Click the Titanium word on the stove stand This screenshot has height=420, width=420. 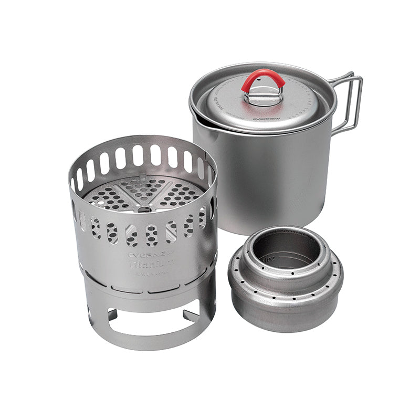[x=151, y=266]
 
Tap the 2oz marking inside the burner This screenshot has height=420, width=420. [x=269, y=259]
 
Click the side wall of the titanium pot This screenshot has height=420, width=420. [x=262, y=178]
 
